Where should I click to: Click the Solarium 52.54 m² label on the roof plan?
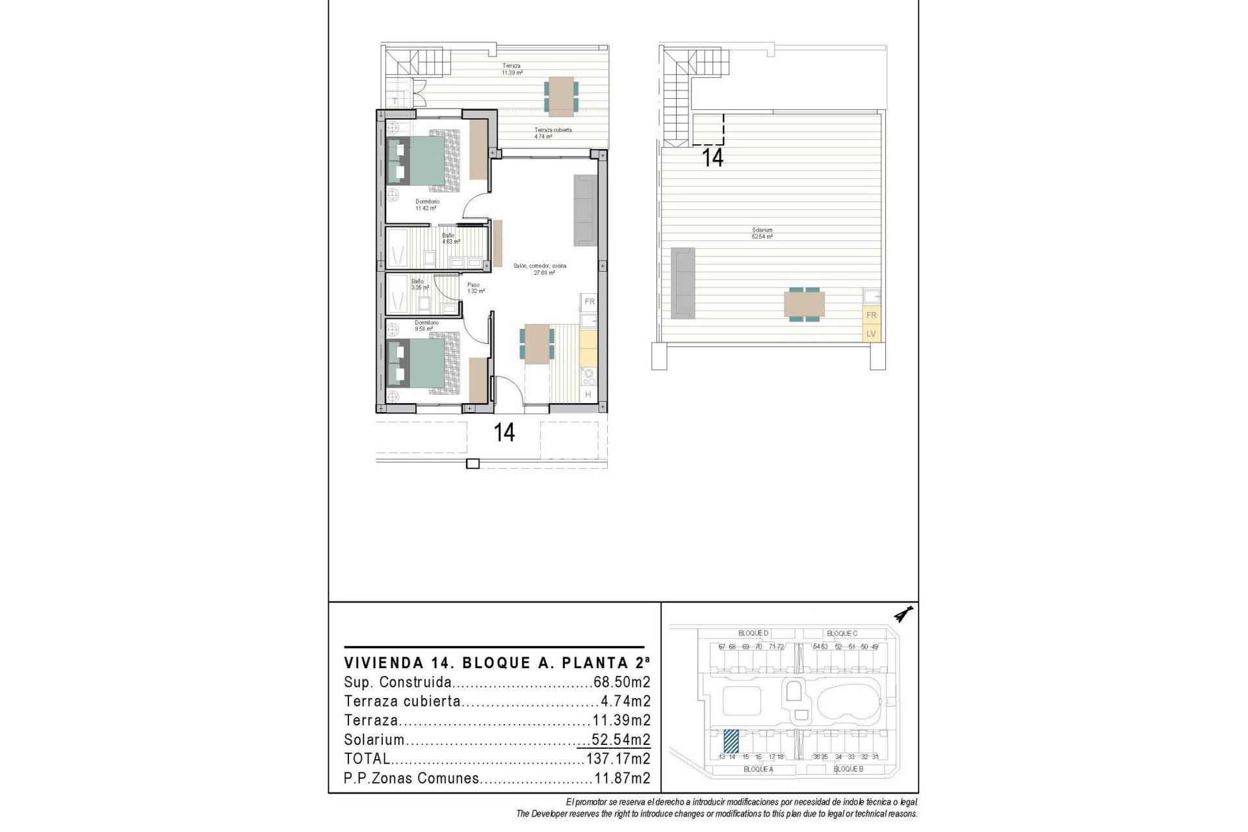[762, 233]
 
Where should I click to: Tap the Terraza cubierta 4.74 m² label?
[552, 133]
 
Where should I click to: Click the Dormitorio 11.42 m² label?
[427, 205]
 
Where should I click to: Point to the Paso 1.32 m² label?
[475, 288]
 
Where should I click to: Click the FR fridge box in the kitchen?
[590, 302]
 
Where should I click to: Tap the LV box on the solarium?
[871, 334]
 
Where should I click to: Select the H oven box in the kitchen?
[588, 395]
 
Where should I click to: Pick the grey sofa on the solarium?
[683, 283]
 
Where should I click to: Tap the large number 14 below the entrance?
[504, 432]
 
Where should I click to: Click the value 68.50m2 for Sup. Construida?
[621, 682]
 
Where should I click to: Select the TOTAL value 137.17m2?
[617, 759]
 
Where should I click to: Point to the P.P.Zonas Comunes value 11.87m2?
[621, 778]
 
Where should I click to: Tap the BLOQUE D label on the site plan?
[753, 633]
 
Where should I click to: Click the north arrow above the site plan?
[903, 614]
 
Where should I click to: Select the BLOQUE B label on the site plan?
[848, 769]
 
